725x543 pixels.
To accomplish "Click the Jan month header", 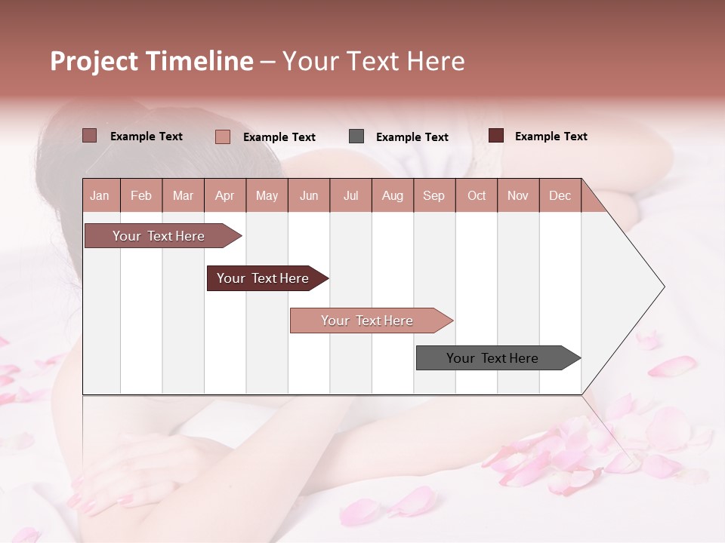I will tap(100, 196).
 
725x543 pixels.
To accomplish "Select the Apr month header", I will tap(224, 196).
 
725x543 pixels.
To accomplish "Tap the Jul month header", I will tap(350, 196).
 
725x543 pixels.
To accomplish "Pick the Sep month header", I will tap(433, 196).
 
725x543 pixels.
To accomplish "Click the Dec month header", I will tap(560, 196).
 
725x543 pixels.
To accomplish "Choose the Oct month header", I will tap(477, 196).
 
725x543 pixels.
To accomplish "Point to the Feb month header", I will tap(141, 196).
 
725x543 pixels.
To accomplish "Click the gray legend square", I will tap(356, 137).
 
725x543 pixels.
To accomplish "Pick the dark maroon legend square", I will tap(495, 136).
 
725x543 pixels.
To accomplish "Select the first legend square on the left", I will tap(89, 136).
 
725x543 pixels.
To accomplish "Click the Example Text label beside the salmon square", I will tap(279, 137).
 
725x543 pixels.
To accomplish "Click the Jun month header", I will tap(308, 196).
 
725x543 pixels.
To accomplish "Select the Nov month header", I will tap(517, 196).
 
